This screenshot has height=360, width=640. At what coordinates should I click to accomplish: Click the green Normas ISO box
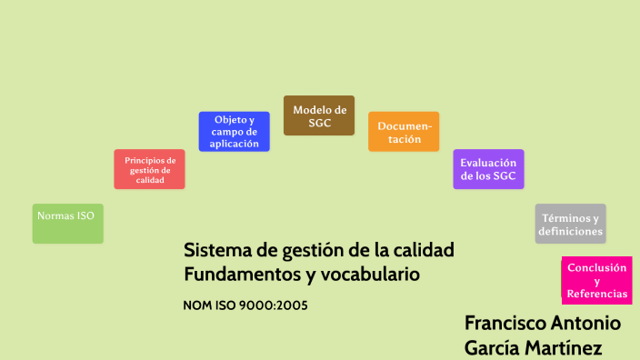pos(67,224)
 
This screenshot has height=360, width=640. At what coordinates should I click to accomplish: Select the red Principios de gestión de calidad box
pos(150,169)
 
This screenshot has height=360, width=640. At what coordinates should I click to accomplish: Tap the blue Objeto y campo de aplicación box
pos(235,132)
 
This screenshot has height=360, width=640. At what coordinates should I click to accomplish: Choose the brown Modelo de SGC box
pos(319,115)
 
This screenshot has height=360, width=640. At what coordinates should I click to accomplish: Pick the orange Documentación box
pos(404,132)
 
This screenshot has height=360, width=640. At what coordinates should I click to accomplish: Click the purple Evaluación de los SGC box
pos(489,169)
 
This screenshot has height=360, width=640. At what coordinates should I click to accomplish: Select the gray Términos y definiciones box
pos(570,224)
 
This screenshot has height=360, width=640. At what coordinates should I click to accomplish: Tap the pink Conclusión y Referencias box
pos(596,281)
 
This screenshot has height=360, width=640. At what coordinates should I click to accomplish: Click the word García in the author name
pos(491,347)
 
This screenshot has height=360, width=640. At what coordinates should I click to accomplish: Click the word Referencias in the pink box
pos(596,294)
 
